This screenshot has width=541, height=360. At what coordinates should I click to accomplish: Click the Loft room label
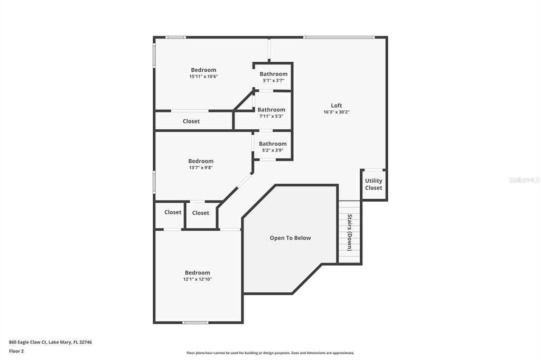click(337, 105)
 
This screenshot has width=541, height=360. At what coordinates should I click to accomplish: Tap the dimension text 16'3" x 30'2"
click(337, 112)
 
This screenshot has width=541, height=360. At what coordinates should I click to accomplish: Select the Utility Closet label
click(374, 184)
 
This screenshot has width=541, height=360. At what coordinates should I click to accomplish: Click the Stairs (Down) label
click(350, 233)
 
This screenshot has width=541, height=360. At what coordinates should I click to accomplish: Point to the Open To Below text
click(290, 238)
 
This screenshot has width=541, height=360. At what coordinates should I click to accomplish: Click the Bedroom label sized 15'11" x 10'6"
click(203, 70)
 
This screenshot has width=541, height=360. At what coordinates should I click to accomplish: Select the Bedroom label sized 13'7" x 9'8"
click(201, 161)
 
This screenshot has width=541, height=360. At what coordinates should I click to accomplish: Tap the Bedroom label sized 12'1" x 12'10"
click(197, 272)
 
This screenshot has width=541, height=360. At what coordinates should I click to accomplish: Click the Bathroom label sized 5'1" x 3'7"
click(273, 74)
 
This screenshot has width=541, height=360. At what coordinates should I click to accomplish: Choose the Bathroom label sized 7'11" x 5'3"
click(271, 110)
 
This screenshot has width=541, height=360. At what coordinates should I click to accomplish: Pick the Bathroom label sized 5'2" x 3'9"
click(273, 144)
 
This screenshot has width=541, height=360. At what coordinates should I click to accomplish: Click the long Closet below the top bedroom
click(191, 121)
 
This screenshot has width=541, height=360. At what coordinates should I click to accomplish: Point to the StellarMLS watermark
click(524, 180)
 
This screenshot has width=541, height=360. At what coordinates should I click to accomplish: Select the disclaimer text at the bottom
click(270, 353)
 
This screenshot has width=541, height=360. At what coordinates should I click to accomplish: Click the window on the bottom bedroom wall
click(195, 322)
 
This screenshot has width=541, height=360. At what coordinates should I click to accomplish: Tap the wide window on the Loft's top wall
click(339, 37)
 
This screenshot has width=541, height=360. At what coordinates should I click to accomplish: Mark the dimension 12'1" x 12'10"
click(197, 279)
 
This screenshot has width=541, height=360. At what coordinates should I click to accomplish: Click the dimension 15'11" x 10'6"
click(203, 77)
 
